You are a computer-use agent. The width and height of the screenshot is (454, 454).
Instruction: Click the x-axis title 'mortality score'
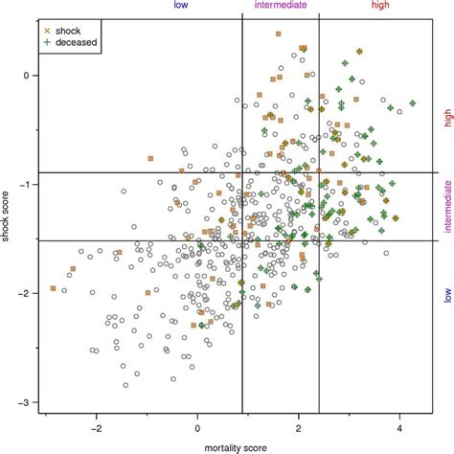(x=229, y=446)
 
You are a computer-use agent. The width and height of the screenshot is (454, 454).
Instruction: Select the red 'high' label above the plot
(x=379, y=6)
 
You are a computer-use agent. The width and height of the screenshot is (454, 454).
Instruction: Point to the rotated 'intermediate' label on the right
(x=446, y=206)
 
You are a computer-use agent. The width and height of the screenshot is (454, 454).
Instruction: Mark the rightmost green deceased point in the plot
(x=412, y=103)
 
